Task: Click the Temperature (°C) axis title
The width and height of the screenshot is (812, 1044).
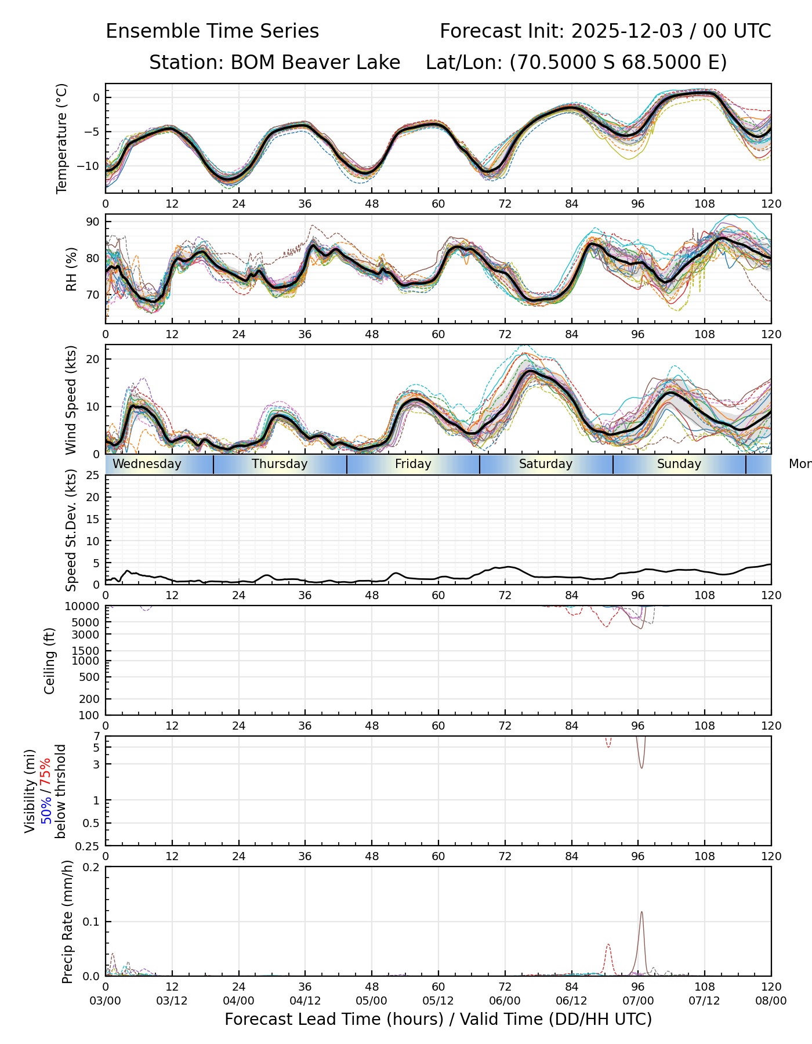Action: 62,138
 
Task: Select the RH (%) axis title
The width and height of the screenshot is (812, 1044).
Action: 71,269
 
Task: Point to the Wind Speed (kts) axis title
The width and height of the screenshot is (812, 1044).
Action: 71,400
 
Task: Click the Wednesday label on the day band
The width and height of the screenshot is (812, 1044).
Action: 147,464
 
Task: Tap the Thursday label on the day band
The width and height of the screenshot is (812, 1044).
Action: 280,464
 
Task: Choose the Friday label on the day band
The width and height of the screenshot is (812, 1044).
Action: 413,464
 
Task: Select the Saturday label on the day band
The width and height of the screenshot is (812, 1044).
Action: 545,464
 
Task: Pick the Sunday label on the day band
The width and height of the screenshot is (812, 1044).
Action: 679,464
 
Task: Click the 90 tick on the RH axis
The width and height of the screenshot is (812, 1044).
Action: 93,222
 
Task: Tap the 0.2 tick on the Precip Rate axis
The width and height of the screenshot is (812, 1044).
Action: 92,867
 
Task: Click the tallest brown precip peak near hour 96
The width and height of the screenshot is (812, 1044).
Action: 641,912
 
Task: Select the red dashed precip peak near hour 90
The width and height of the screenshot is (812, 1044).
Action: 608,945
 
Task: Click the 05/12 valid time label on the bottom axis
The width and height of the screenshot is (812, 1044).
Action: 438,1001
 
